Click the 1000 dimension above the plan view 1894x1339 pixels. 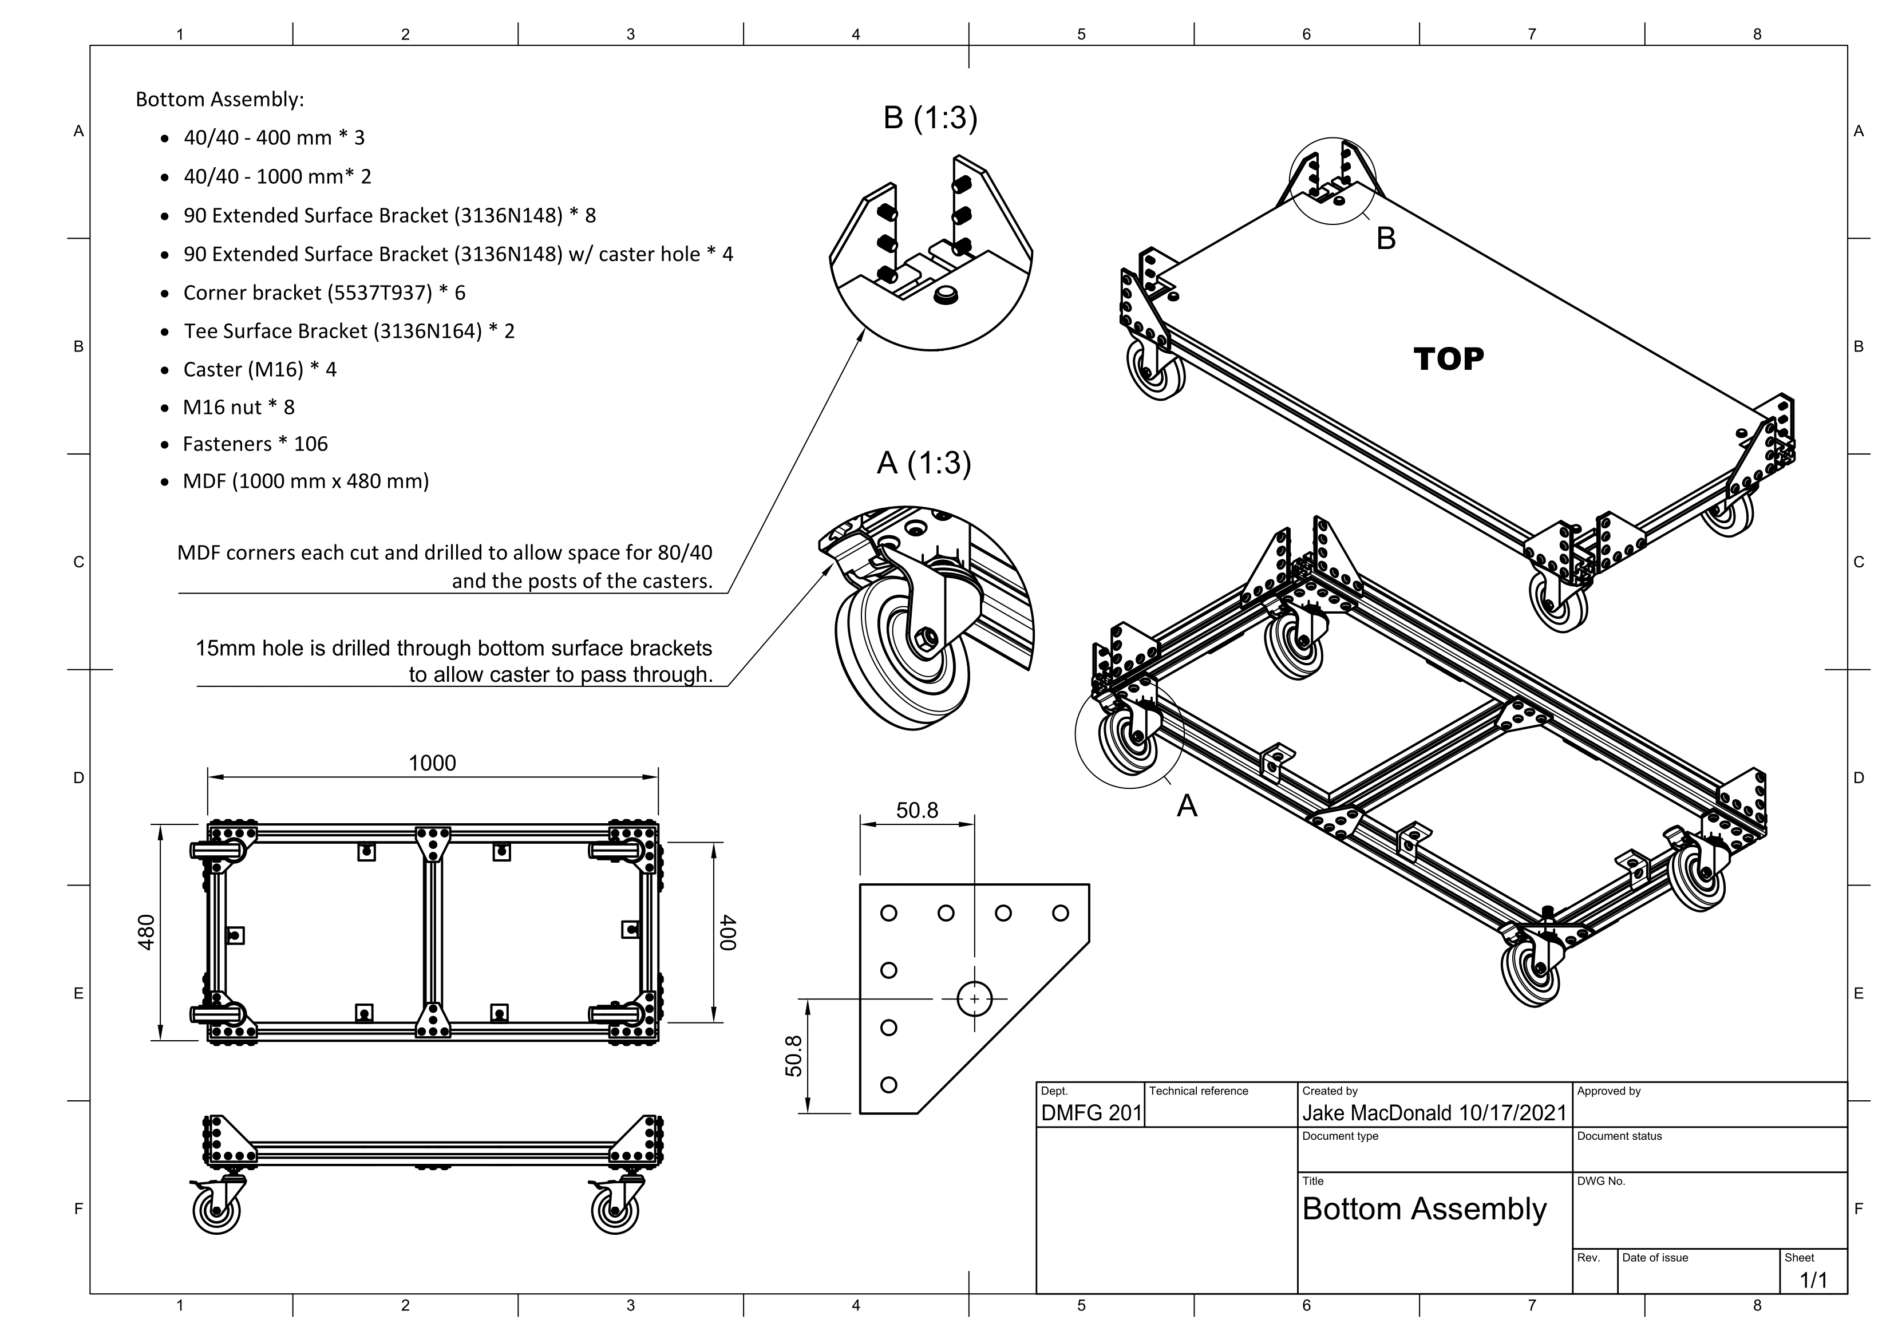pos(432,763)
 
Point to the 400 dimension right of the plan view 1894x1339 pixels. pos(727,933)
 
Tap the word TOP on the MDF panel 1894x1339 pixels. pos(1449,359)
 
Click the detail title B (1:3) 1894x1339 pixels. pos(930,118)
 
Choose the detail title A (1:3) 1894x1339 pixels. pos(923,464)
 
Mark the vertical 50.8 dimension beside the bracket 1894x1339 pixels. pos(793,1056)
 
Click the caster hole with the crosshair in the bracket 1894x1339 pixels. pos(974,999)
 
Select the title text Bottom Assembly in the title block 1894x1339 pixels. pos(1425,1210)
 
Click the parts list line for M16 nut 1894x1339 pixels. pos(239,408)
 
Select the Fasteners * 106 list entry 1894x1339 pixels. pos(255,445)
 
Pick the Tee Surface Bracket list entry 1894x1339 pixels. pos(348,331)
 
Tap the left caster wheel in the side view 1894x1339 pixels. pos(216,1212)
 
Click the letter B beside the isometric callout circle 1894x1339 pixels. pos(1386,238)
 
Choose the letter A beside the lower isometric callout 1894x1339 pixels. pos(1186,805)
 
